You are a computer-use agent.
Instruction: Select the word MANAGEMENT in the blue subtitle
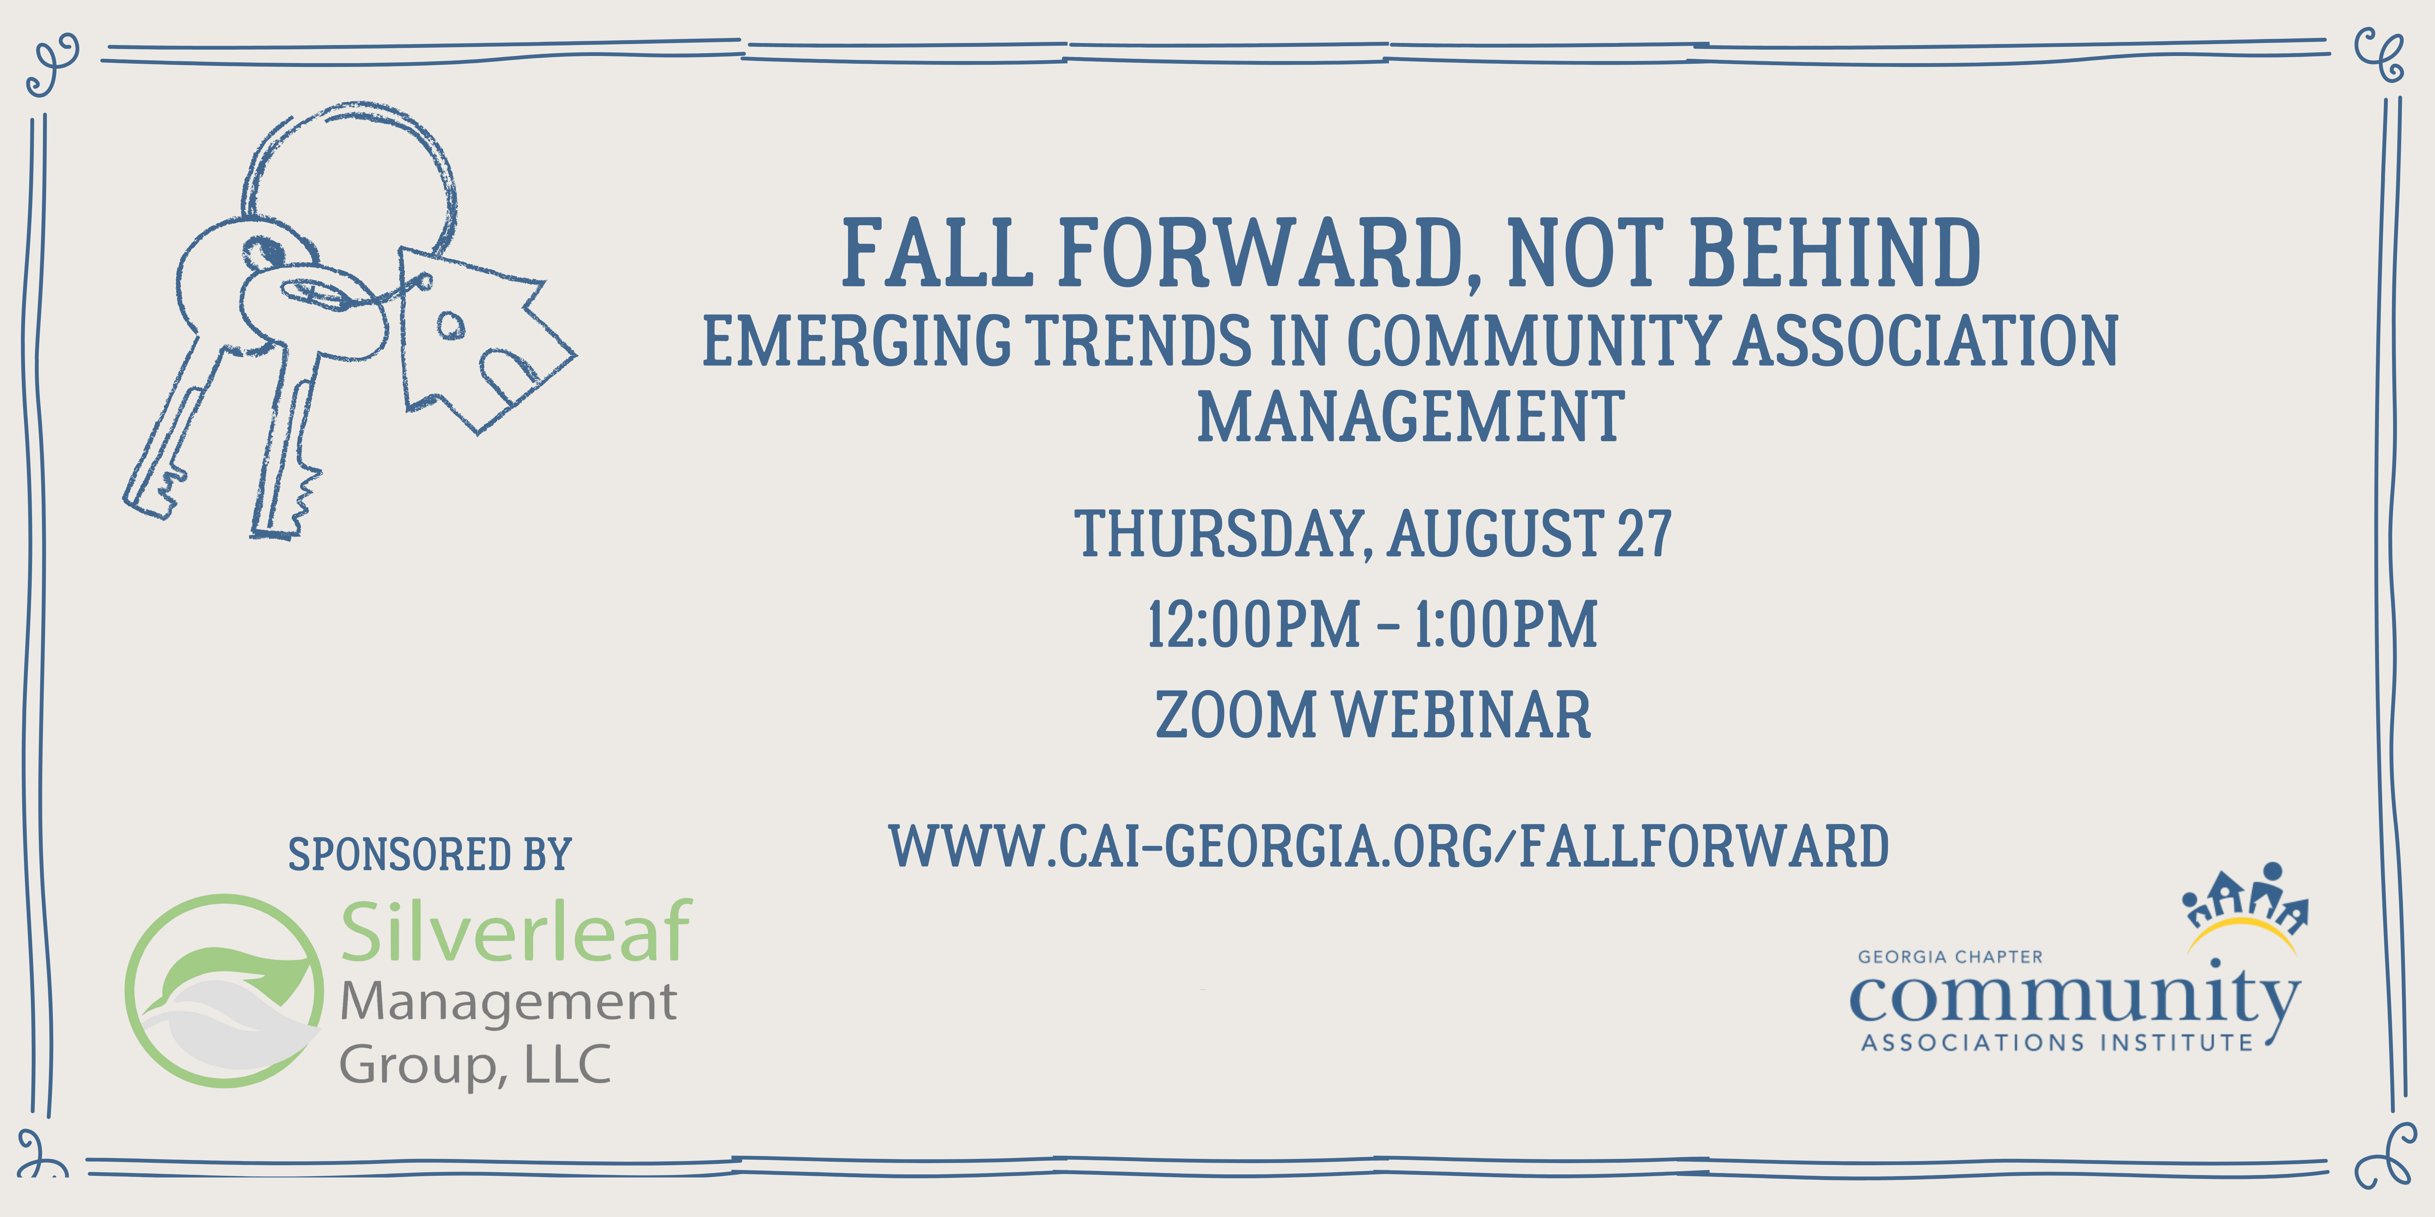click(1410, 417)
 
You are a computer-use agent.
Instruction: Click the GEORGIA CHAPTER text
click(1950, 957)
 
